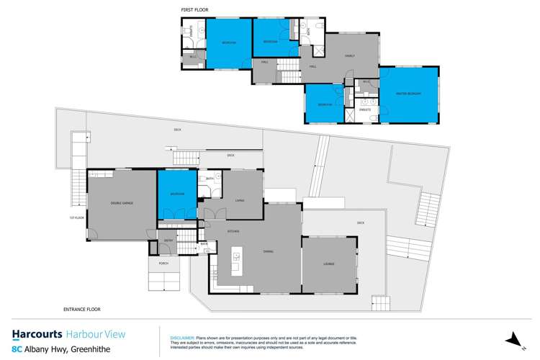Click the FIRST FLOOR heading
[x=194, y=10]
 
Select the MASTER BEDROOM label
[x=408, y=94]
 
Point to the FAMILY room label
[x=350, y=55]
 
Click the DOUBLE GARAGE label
[x=122, y=204]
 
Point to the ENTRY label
[x=168, y=240]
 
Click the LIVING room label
[x=238, y=193]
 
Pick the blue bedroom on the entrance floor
[x=177, y=194]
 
